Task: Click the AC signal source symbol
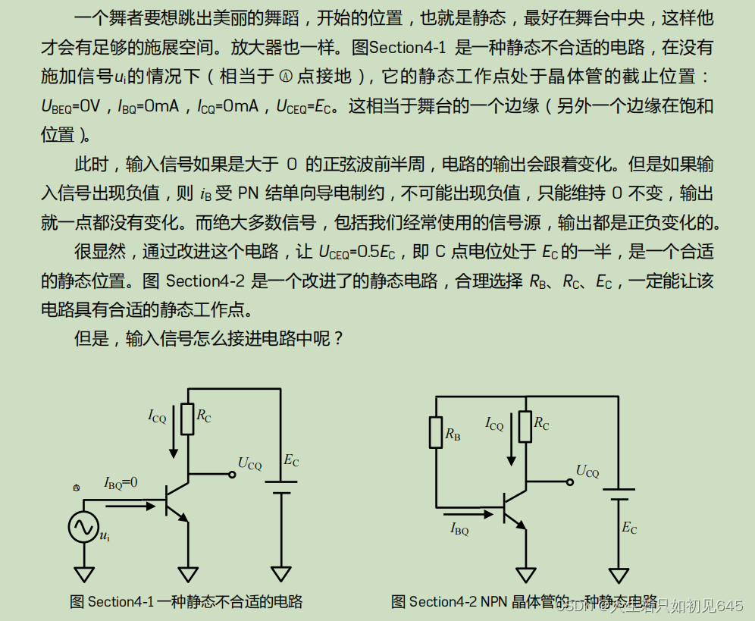point(83,528)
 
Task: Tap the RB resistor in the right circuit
point(436,432)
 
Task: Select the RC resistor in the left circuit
point(187,419)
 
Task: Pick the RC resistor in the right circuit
point(525,427)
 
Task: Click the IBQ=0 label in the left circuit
point(121,483)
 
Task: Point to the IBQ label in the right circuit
point(459,528)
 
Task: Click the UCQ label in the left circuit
point(249,463)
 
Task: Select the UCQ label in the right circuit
point(587,471)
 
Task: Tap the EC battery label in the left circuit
point(291,460)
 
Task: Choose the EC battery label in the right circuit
point(629,528)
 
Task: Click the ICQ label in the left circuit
point(157,416)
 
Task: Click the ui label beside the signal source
point(105,536)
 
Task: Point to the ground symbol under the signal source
point(83,574)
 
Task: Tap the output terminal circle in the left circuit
point(232,475)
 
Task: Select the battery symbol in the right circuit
point(619,494)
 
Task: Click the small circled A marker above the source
point(76,488)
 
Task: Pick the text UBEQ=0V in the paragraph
point(71,106)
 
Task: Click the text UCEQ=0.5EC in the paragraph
point(357,252)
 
